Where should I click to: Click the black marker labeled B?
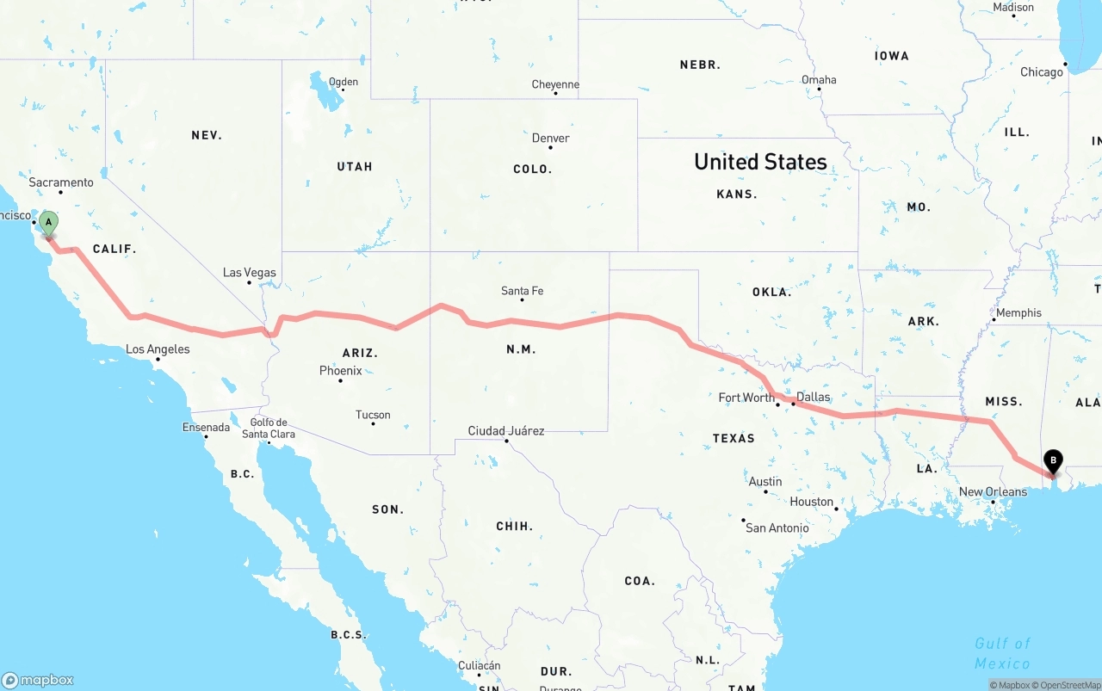1052,461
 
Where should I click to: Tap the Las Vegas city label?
250,273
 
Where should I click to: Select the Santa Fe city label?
523,291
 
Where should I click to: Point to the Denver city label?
550,138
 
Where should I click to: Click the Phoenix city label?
341,371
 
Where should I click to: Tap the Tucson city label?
373,415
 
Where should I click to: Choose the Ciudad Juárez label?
506,430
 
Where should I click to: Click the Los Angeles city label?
158,349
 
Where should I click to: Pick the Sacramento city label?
61,182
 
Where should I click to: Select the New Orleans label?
993,492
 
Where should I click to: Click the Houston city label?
812,502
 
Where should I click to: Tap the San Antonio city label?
777,528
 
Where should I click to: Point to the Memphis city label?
1018,313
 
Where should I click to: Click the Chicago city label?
1042,72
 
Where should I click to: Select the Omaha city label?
819,80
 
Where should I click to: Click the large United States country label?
760,162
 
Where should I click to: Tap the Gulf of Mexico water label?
1002,653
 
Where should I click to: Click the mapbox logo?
38,680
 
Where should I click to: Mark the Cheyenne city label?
555,84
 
